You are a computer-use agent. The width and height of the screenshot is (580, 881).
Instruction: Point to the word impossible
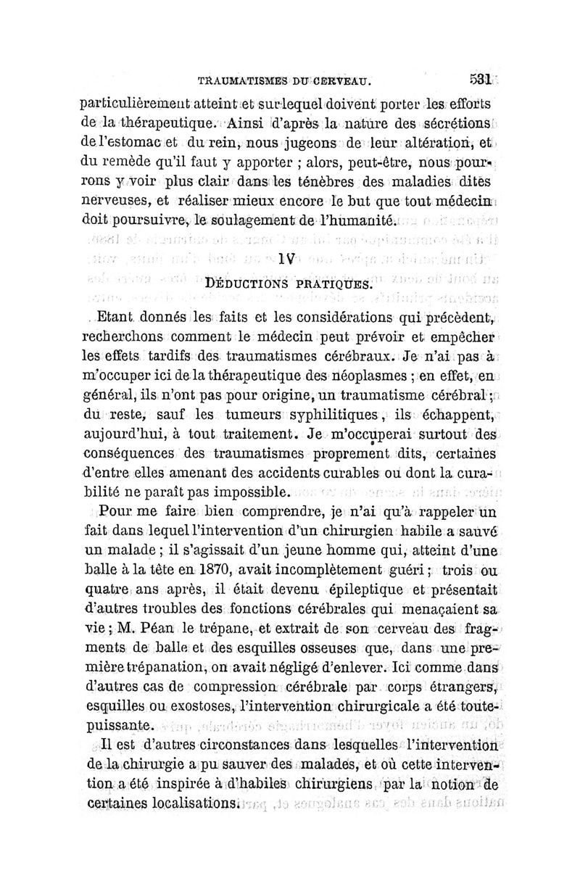251,492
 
